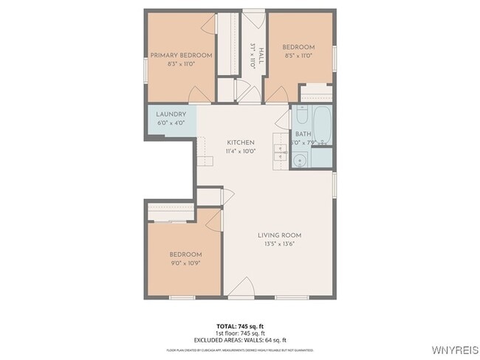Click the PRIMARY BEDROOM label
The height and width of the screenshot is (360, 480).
pyautogui.click(x=181, y=55)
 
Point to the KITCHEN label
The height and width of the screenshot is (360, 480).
pyautogui.click(x=241, y=142)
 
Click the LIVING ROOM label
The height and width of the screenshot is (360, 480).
pyautogui.click(x=279, y=235)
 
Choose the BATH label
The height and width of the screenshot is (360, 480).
pyautogui.click(x=303, y=134)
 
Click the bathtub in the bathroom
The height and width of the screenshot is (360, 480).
pyautogui.click(x=321, y=125)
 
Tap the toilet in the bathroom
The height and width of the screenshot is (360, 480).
pyautogui.click(x=301, y=117)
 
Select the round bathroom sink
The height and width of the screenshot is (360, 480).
pyautogui.click(x=301, y=160)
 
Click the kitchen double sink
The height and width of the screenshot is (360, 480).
pyautogui.click(x=280, y=153)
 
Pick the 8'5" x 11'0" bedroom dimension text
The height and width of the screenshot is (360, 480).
pyautogui.click(x=298, y=55)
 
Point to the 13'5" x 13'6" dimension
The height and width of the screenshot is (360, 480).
pyautogui.click(x=279, y=244)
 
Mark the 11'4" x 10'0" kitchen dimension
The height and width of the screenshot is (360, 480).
pyautogui.click(x=241, y=151)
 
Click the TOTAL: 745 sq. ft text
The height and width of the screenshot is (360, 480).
pyautogui.click(x=240, y=325)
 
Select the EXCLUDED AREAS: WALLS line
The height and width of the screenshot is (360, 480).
pyautogui.click(x=240, y=339)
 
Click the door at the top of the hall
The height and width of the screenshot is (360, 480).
pyautogui.click(x=253, y=19)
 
